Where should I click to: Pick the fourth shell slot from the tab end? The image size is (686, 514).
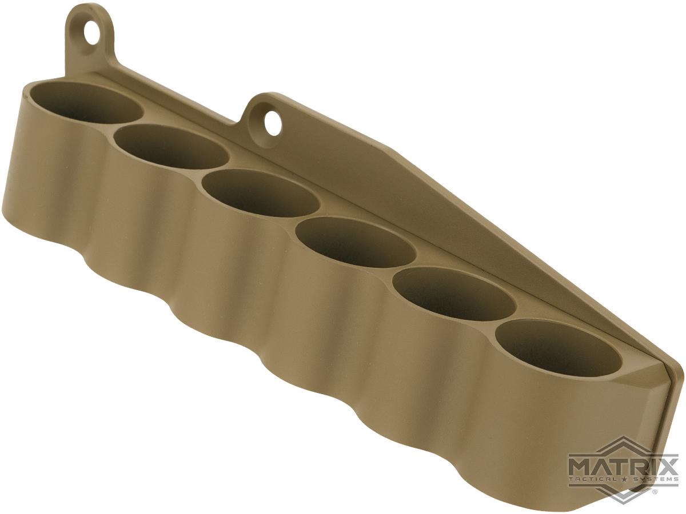[x=356, y=242]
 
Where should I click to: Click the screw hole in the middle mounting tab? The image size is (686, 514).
[x=273, y=123]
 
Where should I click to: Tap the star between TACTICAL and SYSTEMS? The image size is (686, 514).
[x=624, y=479]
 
